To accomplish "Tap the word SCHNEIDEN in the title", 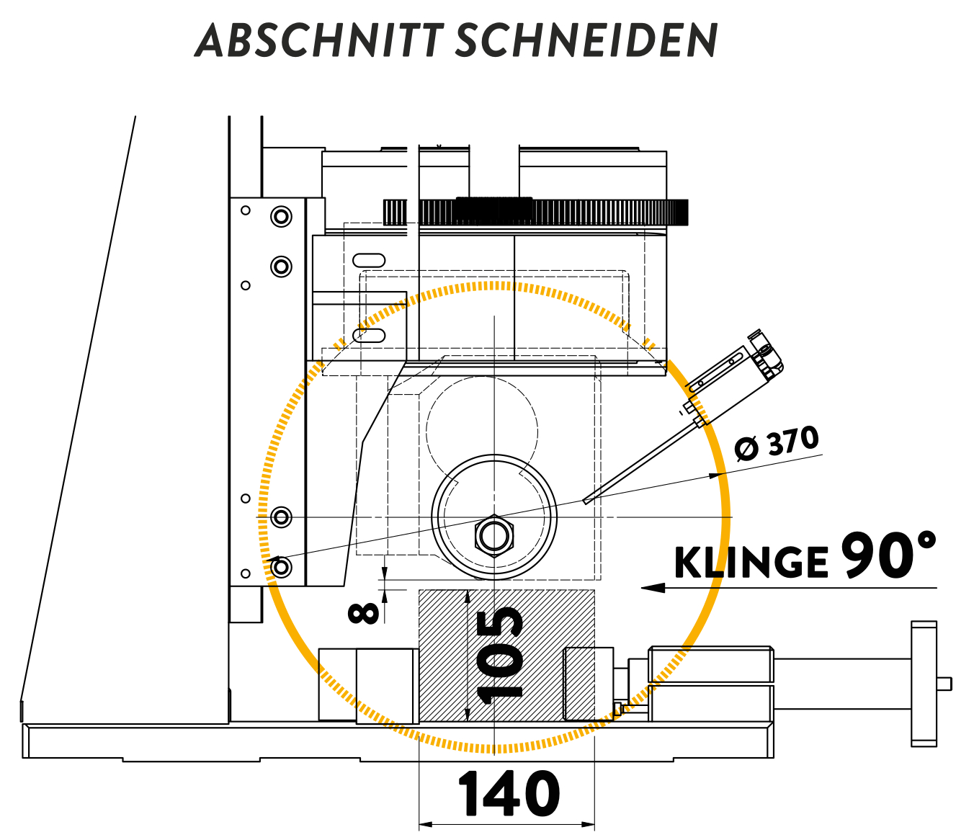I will (x=586, y=40).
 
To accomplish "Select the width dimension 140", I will (x=509, y=794).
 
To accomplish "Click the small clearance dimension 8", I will (x=364, y=613).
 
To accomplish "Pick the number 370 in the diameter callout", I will (x=792, y=441).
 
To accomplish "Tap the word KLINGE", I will (x=751, y=563).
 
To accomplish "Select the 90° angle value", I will (x=888, y=555).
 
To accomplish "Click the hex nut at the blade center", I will (x=493, y=536).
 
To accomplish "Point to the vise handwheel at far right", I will (x=924, y=683).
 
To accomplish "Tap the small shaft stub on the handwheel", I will (x=944, y=683).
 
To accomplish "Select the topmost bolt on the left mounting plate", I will (x=281, y=216).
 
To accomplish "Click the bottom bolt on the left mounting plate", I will (x=281, y=568).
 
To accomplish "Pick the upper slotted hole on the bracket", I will (x=369, y=260).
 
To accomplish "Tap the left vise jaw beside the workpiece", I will (x=388, y=685).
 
